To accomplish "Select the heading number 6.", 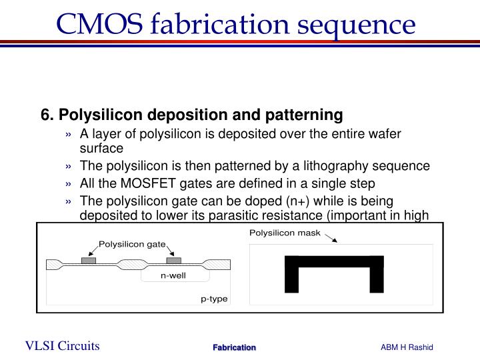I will (47, 115).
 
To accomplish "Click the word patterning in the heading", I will (309, 115).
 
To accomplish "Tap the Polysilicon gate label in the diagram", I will (132, 245).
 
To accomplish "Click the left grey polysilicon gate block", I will (88, 260).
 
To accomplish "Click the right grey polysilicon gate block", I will (173, 260).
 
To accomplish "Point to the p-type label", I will (214, 299).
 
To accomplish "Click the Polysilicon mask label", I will (285, 233).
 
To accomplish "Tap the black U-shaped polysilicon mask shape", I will (334, 261).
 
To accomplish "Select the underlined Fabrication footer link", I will (234, 347).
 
